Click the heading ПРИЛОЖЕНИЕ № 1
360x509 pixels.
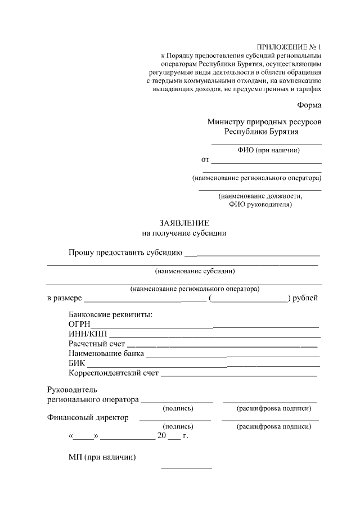point(289,47)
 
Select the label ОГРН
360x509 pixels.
point(79,325)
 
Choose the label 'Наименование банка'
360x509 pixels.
point(106,354)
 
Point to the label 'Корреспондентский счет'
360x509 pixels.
point(114,373)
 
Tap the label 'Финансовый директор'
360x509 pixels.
point(88,417)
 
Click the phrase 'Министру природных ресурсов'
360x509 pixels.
point(264,121)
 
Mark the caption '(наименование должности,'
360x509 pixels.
point(260,196)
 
